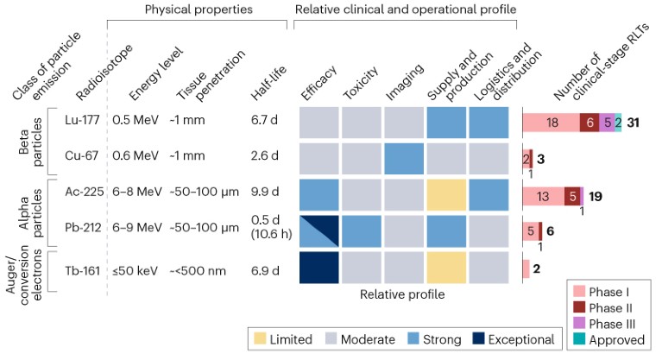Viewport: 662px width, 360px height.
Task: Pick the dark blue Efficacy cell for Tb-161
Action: (318, 268)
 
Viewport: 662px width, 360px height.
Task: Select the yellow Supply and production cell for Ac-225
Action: (446, 196)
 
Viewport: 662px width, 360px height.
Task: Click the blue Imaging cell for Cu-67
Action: (404, 160)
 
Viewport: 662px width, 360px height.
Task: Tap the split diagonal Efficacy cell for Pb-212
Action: (318, 232)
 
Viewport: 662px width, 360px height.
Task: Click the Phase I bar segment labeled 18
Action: (551, 123)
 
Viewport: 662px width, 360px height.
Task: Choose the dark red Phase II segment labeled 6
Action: (589, 123)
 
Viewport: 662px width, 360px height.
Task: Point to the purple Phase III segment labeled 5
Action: (608, 123)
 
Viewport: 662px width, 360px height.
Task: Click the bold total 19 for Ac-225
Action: (596, 196)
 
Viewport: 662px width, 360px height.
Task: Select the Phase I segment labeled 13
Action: (543, 196)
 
